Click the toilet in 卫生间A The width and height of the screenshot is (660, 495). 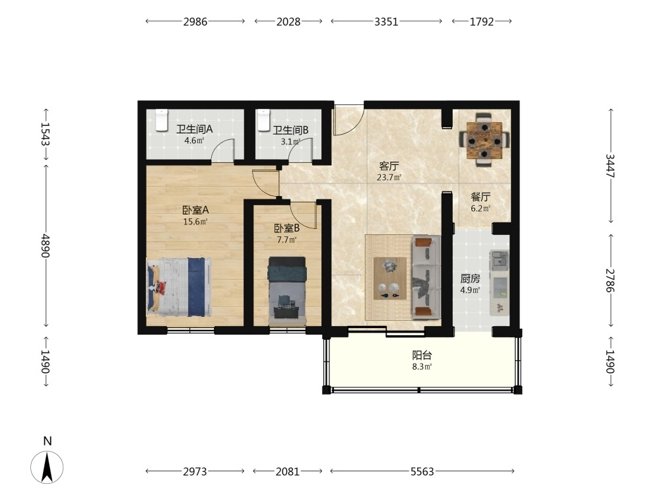pos(162,120)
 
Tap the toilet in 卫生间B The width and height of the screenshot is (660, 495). pos(263,120)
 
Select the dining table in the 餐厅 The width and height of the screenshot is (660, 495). pos(484,140)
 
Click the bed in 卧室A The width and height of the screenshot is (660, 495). pos(179,287)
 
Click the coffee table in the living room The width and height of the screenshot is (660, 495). pos(390,279)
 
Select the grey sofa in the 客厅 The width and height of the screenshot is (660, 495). pos(426,278)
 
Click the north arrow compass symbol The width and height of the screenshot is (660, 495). pos(47,467)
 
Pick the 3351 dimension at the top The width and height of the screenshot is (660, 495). pos(386,22)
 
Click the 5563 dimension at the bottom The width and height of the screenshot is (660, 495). pos(422,471)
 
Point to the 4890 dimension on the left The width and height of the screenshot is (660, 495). pos(46,246)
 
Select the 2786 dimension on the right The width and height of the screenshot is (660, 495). pos(610,280)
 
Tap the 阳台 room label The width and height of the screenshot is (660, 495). pos(422,355)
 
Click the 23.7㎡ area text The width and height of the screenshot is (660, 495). pos(389,177)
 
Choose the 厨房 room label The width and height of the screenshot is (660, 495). pos(470,279)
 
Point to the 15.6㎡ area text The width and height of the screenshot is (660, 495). pos(195,221)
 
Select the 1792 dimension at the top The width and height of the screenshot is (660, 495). pos(482,22)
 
